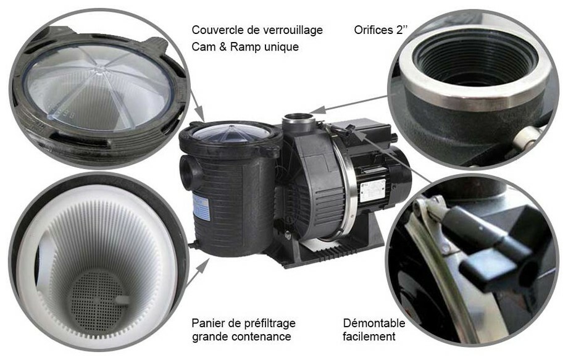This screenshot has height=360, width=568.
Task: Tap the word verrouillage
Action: click(293, 30)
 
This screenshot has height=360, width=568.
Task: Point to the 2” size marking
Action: click(402, 30)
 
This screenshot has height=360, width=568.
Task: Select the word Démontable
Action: click(374, 323)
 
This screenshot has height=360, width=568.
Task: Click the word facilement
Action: click(369, 337)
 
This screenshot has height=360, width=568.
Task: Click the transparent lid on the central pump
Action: click(230, 133)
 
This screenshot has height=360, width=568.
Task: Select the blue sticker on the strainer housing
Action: click(198, 204)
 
